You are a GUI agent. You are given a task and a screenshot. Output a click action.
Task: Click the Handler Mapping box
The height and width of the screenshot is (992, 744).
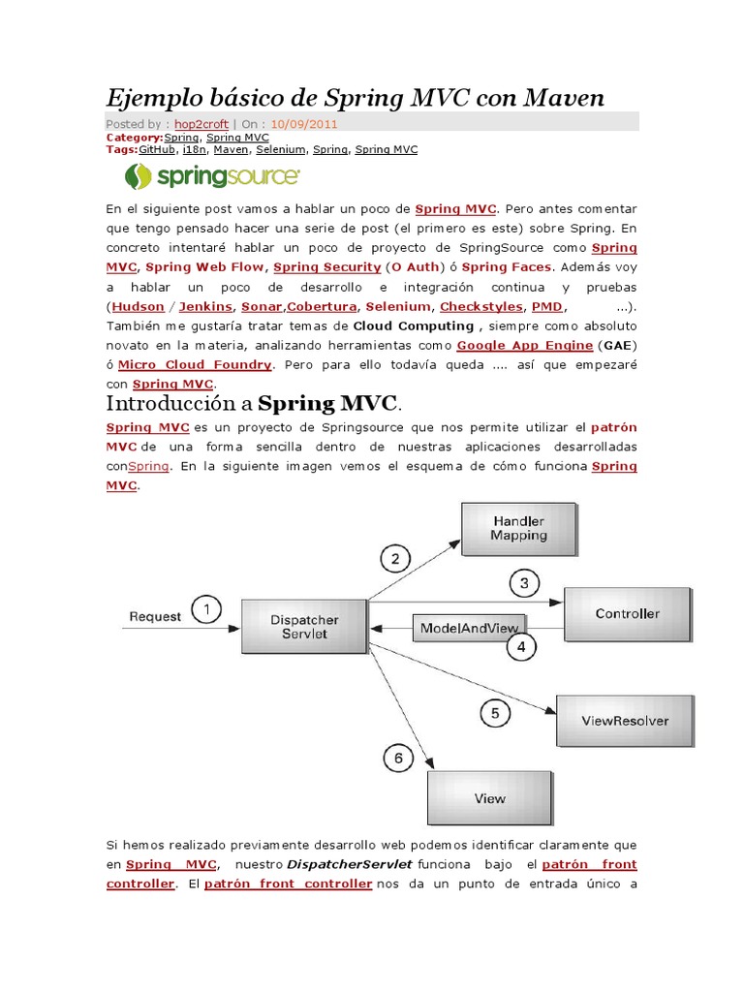517,529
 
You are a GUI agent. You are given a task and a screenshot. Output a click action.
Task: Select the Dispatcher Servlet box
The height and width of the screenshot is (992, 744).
304,627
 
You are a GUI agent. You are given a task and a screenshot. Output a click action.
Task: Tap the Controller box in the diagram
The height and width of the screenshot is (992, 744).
627,614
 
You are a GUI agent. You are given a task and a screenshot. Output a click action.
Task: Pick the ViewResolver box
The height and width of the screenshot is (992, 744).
624,721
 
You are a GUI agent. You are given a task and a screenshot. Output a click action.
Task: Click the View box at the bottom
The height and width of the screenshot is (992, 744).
489,799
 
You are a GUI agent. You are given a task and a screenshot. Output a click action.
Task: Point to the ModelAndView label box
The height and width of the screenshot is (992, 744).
470,628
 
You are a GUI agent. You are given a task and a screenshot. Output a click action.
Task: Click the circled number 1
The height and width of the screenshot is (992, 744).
205,610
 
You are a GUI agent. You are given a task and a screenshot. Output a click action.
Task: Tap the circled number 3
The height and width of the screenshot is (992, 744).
524,583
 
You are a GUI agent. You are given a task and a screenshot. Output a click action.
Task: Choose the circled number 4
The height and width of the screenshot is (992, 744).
520,646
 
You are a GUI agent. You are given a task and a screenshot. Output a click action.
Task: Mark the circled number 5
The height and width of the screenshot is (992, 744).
495,714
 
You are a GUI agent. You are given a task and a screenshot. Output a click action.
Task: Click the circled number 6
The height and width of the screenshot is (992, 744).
398,759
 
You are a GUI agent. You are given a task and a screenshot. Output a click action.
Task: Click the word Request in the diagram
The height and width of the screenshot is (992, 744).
155,616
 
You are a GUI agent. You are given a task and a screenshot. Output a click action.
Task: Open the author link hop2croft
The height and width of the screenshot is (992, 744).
201,124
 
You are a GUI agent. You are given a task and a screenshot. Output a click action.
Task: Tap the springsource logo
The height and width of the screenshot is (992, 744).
212,176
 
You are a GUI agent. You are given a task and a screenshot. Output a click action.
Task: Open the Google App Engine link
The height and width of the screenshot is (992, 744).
525,345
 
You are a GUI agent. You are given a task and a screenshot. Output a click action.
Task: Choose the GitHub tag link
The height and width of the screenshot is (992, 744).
158,150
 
